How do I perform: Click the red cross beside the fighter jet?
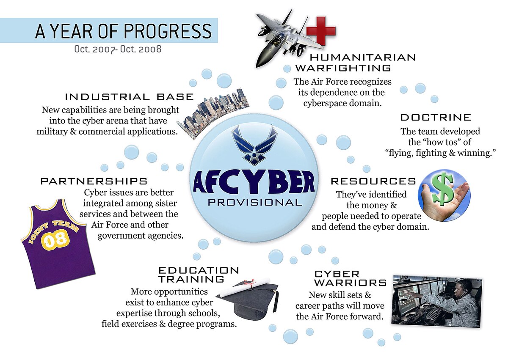(320, 30)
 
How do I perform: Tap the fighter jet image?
(277, 36)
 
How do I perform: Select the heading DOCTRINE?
(436, 117)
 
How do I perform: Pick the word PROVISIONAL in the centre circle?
(255, 202)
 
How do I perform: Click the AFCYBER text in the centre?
(254, 182)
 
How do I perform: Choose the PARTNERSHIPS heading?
(94, 181)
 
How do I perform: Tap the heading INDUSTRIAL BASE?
(129, 97)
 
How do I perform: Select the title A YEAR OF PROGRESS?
(124, 31)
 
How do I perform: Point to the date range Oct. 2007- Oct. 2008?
(118, 49)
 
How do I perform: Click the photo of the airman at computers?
(437, 301)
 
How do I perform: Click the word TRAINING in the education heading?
(191, 279)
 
